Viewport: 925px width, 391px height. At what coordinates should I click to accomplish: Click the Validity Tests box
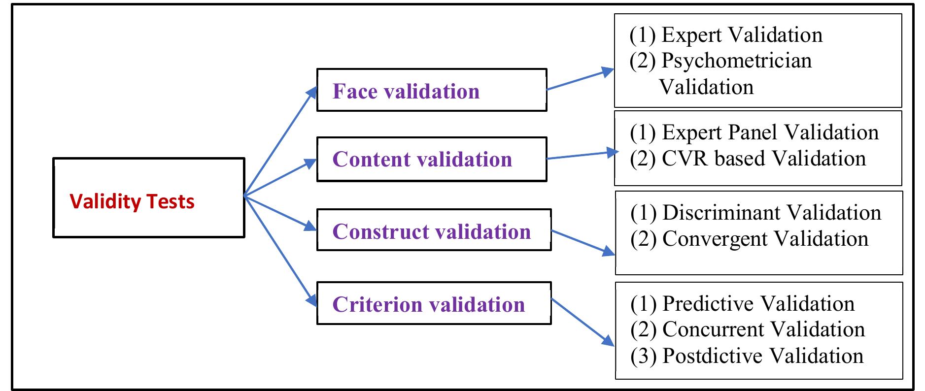(x=148, y=198)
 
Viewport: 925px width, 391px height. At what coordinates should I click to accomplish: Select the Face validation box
(x=431, y=90)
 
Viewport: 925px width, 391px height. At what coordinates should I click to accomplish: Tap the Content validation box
(x=431, y=159)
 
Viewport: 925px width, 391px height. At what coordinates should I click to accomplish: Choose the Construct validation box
(x=434, y=230)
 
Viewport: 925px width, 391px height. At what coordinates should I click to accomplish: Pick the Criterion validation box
(x=434, y=303)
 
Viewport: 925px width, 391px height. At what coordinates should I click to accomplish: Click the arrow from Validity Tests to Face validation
(x=279, y=143)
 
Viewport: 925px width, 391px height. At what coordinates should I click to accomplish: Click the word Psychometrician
(x=736, y=61)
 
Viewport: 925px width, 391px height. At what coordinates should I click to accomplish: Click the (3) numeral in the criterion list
(x=643, y=356)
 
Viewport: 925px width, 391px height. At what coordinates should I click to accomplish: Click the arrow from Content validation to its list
(x=582, y=156)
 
